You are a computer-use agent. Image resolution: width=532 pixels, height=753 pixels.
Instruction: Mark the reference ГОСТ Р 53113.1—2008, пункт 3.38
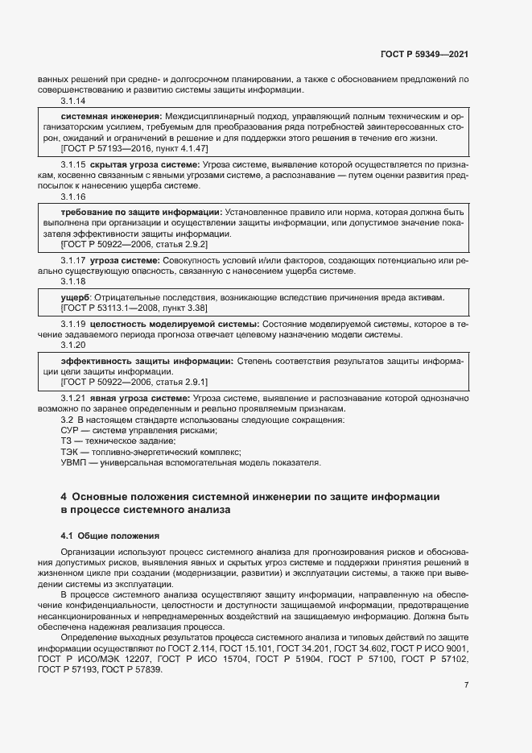tap(124, 308)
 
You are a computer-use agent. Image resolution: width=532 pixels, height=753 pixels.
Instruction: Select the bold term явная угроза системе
tap(140, 398)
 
